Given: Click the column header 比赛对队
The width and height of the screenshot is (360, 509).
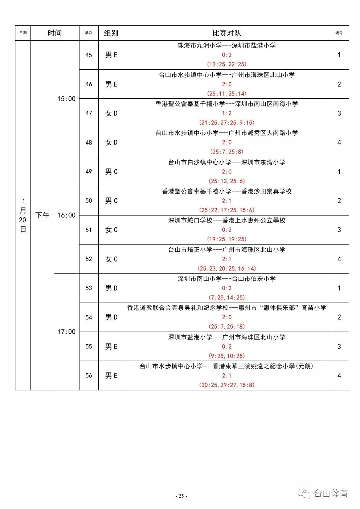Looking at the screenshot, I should [x=226, y=33].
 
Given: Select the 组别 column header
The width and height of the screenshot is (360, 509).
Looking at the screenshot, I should [x=111, y=33].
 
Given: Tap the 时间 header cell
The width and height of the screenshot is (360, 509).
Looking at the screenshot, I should [x=55, y=33].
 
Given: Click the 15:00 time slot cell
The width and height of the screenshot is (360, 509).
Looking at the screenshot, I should [x=66, y=99].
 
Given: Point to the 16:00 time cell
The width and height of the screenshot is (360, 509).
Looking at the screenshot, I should [x=66, y=215].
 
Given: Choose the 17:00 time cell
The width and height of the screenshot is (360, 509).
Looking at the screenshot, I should [x=66, y=332].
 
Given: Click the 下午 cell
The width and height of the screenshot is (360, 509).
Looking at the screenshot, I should [x=42, y=215].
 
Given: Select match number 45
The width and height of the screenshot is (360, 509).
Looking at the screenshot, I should [x=89, y=55].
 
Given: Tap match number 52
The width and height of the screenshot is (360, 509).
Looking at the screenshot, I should [x=89, y=259].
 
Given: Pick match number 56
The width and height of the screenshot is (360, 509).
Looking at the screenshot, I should [x=89, y=375].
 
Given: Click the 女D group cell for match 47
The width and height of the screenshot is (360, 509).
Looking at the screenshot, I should [x=111, y=113].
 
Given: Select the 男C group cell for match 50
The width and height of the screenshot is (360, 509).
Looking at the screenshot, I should [x=111, y=201].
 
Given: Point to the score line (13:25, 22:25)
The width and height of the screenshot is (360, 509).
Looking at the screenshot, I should [x=227, y=64].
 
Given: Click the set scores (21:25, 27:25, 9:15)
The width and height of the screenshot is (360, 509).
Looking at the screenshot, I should [x=227, y=123].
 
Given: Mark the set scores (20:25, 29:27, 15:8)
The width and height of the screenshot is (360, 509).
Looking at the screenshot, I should [x=227, y=385].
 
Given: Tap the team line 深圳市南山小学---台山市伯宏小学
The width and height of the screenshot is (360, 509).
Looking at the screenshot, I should [x=227, y=279].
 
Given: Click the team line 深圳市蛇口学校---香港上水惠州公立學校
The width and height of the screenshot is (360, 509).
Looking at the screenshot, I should [x=227, y=220].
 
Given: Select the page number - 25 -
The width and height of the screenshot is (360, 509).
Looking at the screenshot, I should [x=181, y=496].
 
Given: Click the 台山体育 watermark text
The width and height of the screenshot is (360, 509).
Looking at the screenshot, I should [x=331, y=493].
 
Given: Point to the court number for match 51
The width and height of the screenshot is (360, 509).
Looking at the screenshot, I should [x=339, y=230].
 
